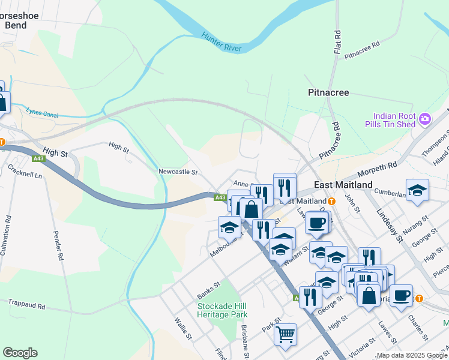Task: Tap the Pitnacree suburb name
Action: tap(328, 93)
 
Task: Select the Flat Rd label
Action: tap(337, 41)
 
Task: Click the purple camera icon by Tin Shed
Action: tap(425, 119)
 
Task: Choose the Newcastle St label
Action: tap(178, 172)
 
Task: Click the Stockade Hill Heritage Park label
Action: tap(223, 310)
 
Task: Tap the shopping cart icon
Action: tap(285, 333)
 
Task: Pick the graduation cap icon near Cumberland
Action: tap(417, 190)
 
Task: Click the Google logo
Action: tap(20, 353)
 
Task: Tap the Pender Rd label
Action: tap(58, 247)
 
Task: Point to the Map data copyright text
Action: tap(412, 355)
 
